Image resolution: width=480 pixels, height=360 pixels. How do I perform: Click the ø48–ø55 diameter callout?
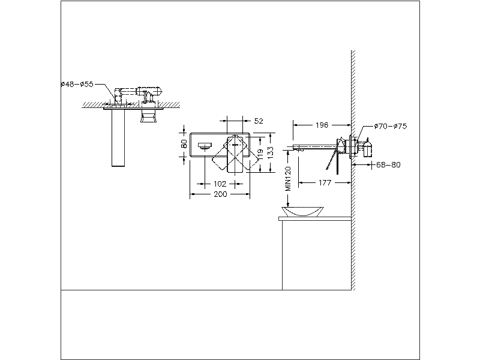pos(77,85)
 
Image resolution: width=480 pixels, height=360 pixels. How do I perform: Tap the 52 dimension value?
pos(259,121)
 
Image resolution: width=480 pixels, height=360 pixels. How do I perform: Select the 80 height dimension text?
pos(184,145)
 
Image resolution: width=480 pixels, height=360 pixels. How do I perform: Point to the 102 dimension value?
pos(220,184)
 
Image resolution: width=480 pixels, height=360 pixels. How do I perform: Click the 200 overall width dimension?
pos(220,195)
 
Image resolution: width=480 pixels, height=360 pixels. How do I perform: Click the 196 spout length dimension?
pos(322,125)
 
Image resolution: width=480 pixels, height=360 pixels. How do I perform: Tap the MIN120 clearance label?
pos(288,179)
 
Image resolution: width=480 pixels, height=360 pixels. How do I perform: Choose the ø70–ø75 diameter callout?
pos(390,127)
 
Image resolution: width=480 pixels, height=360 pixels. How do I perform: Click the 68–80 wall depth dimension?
pos(388,164)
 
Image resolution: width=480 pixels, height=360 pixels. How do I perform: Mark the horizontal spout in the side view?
pos(314,146)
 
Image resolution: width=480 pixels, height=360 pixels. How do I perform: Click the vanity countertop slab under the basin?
pos(314,219)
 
